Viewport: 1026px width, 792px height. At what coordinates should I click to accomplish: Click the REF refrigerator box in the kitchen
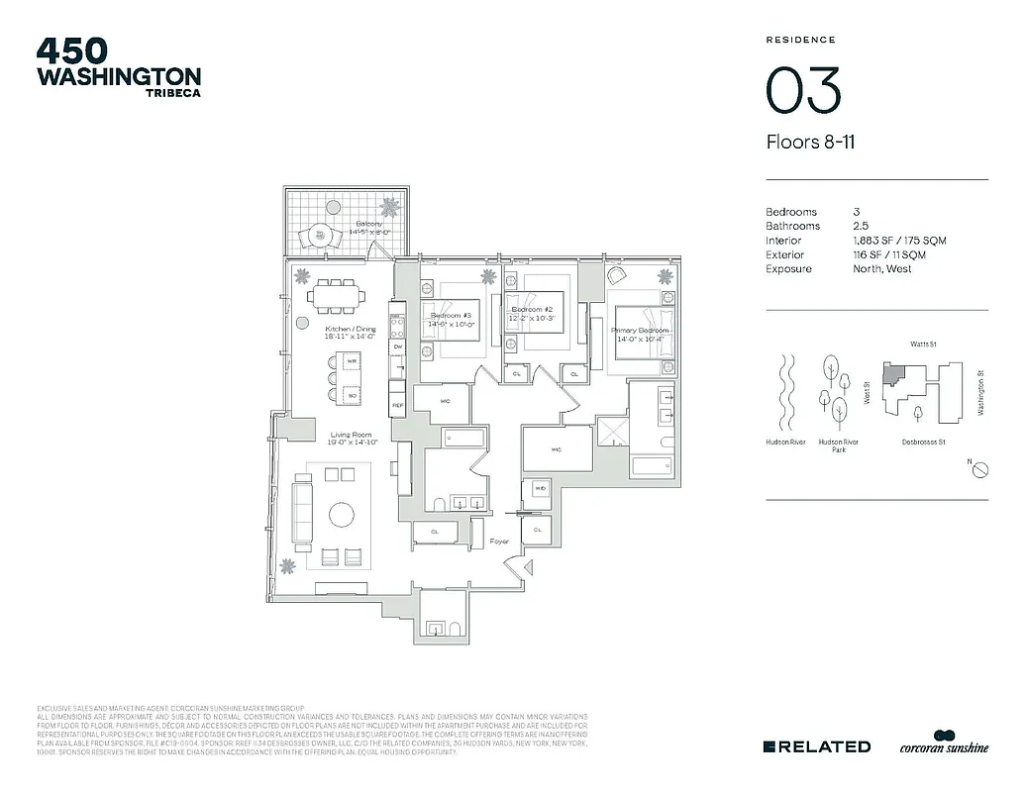[397, 406]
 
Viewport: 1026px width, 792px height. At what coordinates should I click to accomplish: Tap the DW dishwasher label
[397, 347]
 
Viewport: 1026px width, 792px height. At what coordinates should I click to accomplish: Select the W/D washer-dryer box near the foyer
[541, 489]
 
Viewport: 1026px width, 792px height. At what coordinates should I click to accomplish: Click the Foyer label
[500, 542]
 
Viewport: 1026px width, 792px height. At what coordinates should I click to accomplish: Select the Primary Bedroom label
[641, 331]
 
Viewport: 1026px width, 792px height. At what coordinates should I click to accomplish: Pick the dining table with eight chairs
[336, 295]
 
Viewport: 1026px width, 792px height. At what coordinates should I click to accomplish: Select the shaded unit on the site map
[894, 372]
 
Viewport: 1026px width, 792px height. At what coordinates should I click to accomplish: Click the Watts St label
[924, 345]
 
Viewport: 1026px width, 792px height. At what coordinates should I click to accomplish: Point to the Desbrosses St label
[924, 442]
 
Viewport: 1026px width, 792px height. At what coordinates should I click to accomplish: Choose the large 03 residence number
[803, 91]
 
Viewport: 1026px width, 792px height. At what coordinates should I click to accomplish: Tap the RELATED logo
[817, 746]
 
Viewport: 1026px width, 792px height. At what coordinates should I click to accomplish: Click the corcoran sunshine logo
[944, 745]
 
